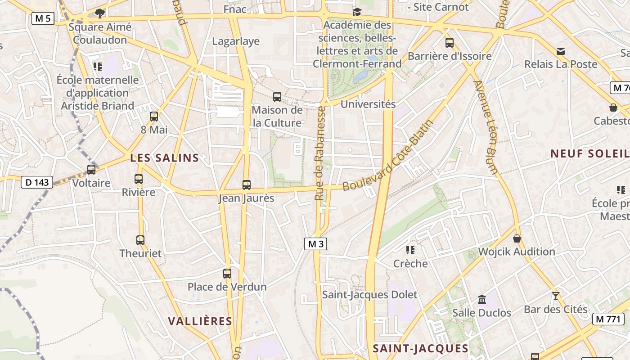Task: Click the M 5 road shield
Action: click(43, 18)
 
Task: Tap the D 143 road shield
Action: click(37, 182)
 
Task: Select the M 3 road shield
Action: click(315, 244)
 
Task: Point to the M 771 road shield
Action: click(608, 319)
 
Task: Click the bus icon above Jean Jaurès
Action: click(246, 184)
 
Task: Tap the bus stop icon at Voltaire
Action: click(91, 170)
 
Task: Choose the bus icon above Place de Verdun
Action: click(227, 273)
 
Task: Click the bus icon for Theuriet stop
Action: click(140, 240)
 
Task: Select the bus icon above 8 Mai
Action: click(154, 117)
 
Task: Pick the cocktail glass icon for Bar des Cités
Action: click(556, 296)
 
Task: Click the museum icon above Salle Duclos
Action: click(482, 299)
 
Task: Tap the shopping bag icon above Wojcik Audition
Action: click(517, 238)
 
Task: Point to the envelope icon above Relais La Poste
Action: click(561, 51)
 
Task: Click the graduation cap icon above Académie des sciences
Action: click(357, 12)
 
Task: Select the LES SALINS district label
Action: click(165, 158)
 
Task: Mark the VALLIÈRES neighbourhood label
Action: click(200, 321)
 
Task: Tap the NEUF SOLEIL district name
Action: click(589, 153)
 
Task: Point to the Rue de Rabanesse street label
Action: click(320, 153)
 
